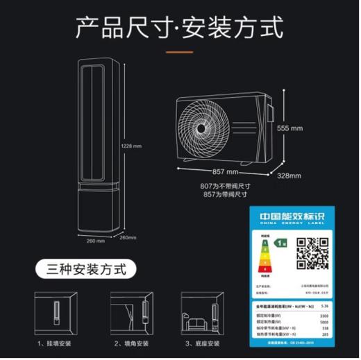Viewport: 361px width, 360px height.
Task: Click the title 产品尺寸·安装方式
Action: [x=180, y=28]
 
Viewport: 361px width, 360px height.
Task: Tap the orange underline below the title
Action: [x=180, y=53]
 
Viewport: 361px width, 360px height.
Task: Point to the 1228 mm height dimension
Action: [x=131, y=146]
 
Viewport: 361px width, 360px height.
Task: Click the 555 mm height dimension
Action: [x=290, y=128]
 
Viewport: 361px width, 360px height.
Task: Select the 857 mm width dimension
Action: [x=226, y=171]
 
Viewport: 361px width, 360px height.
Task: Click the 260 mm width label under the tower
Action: [x=95, y=241]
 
